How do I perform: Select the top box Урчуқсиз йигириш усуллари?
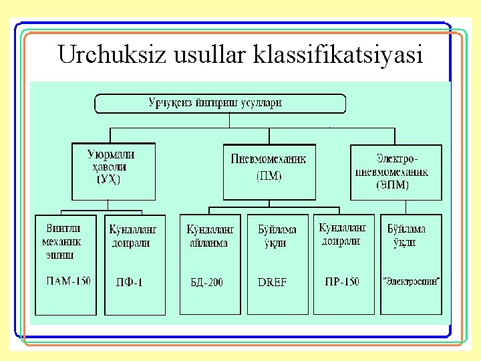click(220, 104)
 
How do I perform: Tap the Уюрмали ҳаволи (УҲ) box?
click(113, 170)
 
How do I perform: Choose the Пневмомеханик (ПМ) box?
click(268, 170)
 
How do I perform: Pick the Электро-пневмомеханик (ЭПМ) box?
click(397, 172)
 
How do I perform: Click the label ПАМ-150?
click(67, 281)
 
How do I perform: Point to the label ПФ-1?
click(129, 282)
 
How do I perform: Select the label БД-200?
click(206, 282)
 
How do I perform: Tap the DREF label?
click(272, 282)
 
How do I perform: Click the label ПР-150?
click(341, 281)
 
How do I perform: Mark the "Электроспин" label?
click(412, 281)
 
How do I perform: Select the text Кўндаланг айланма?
click(207, 236)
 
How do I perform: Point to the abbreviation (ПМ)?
click(269, 176)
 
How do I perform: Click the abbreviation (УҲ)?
click(109, 179)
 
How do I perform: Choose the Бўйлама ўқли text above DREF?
click(277, 236)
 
